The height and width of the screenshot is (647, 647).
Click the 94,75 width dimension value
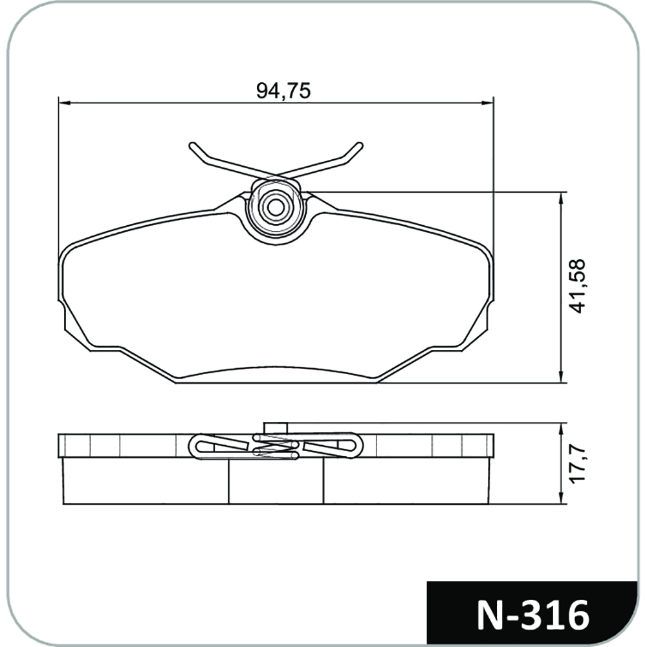283,91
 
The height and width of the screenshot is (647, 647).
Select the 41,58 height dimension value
576,287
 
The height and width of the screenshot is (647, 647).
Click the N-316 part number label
532,615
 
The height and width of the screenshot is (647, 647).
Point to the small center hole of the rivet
275,208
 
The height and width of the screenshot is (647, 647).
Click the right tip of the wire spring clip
360,145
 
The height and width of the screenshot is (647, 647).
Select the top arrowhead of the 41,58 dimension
561,198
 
